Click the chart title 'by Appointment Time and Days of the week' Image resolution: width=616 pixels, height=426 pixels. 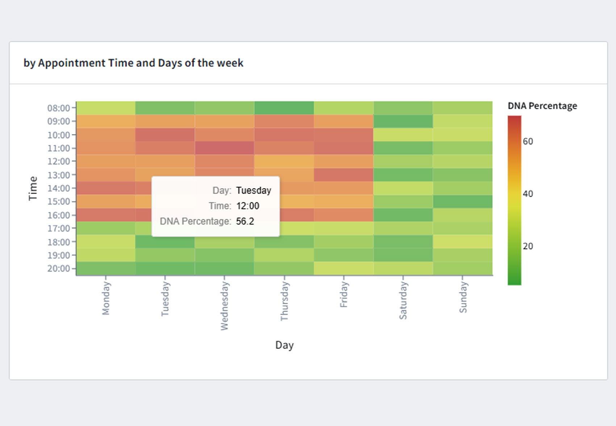[133, 63]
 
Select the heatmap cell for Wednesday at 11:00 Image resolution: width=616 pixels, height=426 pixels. [224, 148]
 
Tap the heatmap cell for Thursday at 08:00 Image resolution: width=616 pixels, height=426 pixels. [284, 108]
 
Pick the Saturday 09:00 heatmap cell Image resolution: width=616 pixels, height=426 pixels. [403, 121]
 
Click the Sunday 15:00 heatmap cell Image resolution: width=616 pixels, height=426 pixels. [462, 202]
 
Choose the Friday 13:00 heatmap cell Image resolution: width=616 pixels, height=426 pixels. [344, 175]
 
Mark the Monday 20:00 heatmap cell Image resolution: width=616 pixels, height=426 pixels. [106, 269]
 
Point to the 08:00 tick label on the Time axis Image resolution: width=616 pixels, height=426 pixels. [58, 108]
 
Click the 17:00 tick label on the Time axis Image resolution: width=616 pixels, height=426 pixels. [58, 228]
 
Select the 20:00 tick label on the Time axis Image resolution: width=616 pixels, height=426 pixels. [58, 269]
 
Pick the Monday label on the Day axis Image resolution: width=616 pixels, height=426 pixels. [106, 299]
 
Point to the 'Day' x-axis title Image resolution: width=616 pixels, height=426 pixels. [284, 345]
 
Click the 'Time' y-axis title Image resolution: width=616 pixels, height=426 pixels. [33, 188]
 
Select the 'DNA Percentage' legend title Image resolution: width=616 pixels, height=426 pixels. [542, 106]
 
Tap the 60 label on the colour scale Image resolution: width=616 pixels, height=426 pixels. [528, 141]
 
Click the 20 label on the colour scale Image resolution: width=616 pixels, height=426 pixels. [528, 246]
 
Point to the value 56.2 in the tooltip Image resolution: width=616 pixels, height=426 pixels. [245, 221]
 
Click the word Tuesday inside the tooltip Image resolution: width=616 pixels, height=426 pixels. [253, 190]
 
